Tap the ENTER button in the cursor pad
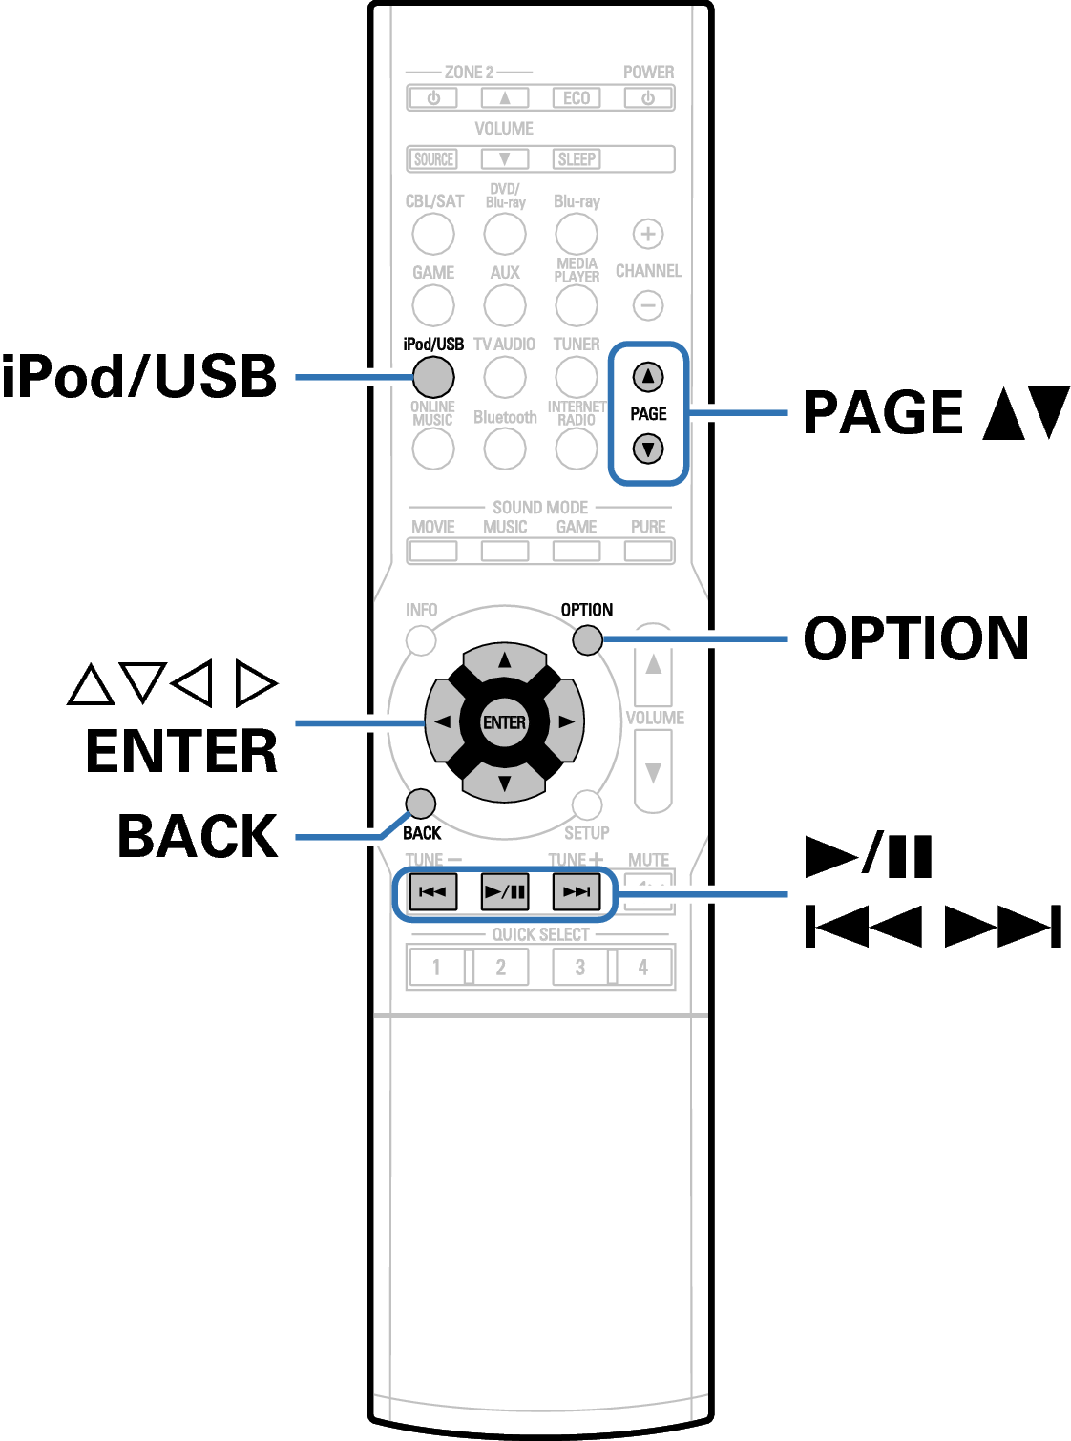(504, 722)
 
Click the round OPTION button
(587, 639)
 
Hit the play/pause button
(505, 892)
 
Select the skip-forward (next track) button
(577, 892)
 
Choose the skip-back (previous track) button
(432, 892)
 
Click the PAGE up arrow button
(648, 377)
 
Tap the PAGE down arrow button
(648, 449)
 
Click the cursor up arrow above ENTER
(504, 660)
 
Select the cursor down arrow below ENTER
(504, 784)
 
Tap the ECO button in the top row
(577, 98)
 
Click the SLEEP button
(577, 159)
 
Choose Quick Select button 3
(580, 967)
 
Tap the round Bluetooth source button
(505, 449)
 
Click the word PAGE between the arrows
(648, 413)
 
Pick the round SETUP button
(587, 804)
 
